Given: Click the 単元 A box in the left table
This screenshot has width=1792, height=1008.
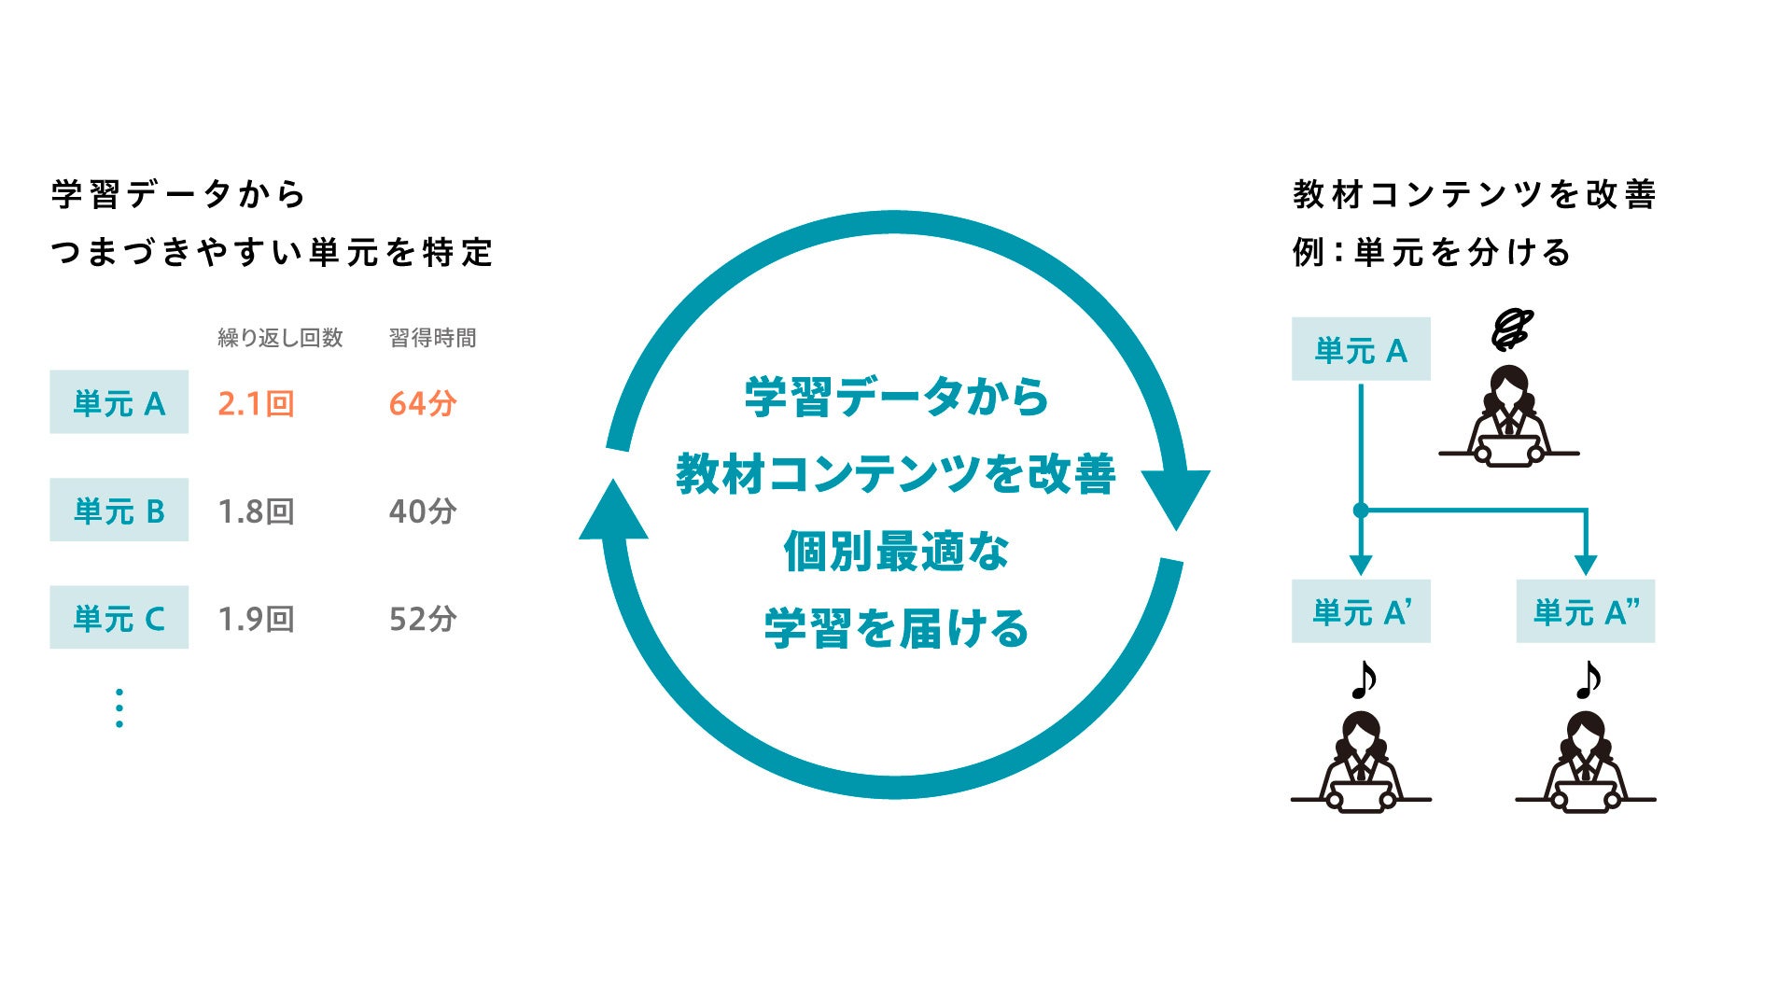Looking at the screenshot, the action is pyautogui.click(x=119, y=402).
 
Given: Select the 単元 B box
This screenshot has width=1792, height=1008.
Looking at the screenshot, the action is pyautogui.click(x=119, y=511).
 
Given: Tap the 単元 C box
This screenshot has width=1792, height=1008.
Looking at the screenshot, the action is pyautogui.click(x=119, y=618).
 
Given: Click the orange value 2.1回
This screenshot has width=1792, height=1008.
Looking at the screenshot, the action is pyautogui.click(x=256, y=403).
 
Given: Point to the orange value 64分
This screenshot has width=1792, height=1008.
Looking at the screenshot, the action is pyautogui.click(x=423, y=403).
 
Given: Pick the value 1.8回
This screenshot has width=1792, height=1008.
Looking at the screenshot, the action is pyautogui.click(x=256, y=511).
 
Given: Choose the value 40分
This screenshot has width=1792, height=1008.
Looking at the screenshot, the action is pyautogui.click(x=423, y=511).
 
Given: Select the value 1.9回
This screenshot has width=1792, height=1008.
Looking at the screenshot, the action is pyautogui.click(x=256, y=619).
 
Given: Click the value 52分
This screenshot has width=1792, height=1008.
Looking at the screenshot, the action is pyautogui.click(x=423, y=619).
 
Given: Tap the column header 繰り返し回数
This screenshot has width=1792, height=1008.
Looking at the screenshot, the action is pyautogui.click(x=280, y=338).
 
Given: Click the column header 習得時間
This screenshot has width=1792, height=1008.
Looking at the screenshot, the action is pyautogui.click(x=432, y=338).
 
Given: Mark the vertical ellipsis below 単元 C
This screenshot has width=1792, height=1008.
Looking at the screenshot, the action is pyautogui.click(x=119, y=708).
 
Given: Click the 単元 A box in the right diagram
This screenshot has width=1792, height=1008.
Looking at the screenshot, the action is pyautogui.click(x=1360, y=349).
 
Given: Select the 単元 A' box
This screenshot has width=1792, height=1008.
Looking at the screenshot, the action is pyautogui.click(x=1360, y=611).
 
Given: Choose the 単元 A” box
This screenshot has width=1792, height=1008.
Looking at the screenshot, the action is pyautogui.click(x=1585, y=611).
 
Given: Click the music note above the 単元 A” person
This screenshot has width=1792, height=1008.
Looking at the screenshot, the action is pyautogui.click(x=1587, y=680).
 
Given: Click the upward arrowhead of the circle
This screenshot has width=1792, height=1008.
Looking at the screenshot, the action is pyautogui.click(x=613, y=511).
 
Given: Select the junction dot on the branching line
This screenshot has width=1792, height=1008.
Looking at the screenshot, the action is pyautogui.click(x=1361, y=511).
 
